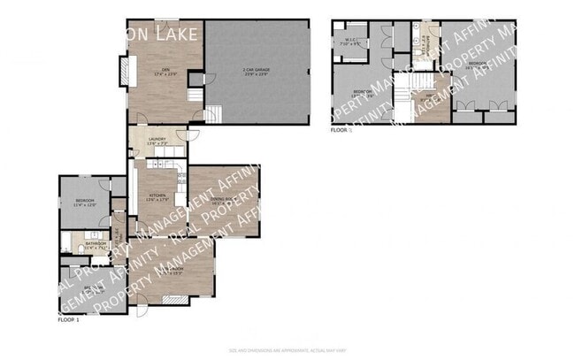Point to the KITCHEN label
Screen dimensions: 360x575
(x=157, y=199)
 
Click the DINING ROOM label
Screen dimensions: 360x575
(x=222, y=201)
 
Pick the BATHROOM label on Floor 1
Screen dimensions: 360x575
(x=96, y=245)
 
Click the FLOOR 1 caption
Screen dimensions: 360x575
(x=69, y=319)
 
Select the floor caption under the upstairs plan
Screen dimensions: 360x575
(x=341, y=130)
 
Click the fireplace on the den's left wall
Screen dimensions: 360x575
(x=123, y=71)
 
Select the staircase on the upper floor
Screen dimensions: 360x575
(x=403, y=97)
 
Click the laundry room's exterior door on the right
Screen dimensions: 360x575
(x=188, y=135)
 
